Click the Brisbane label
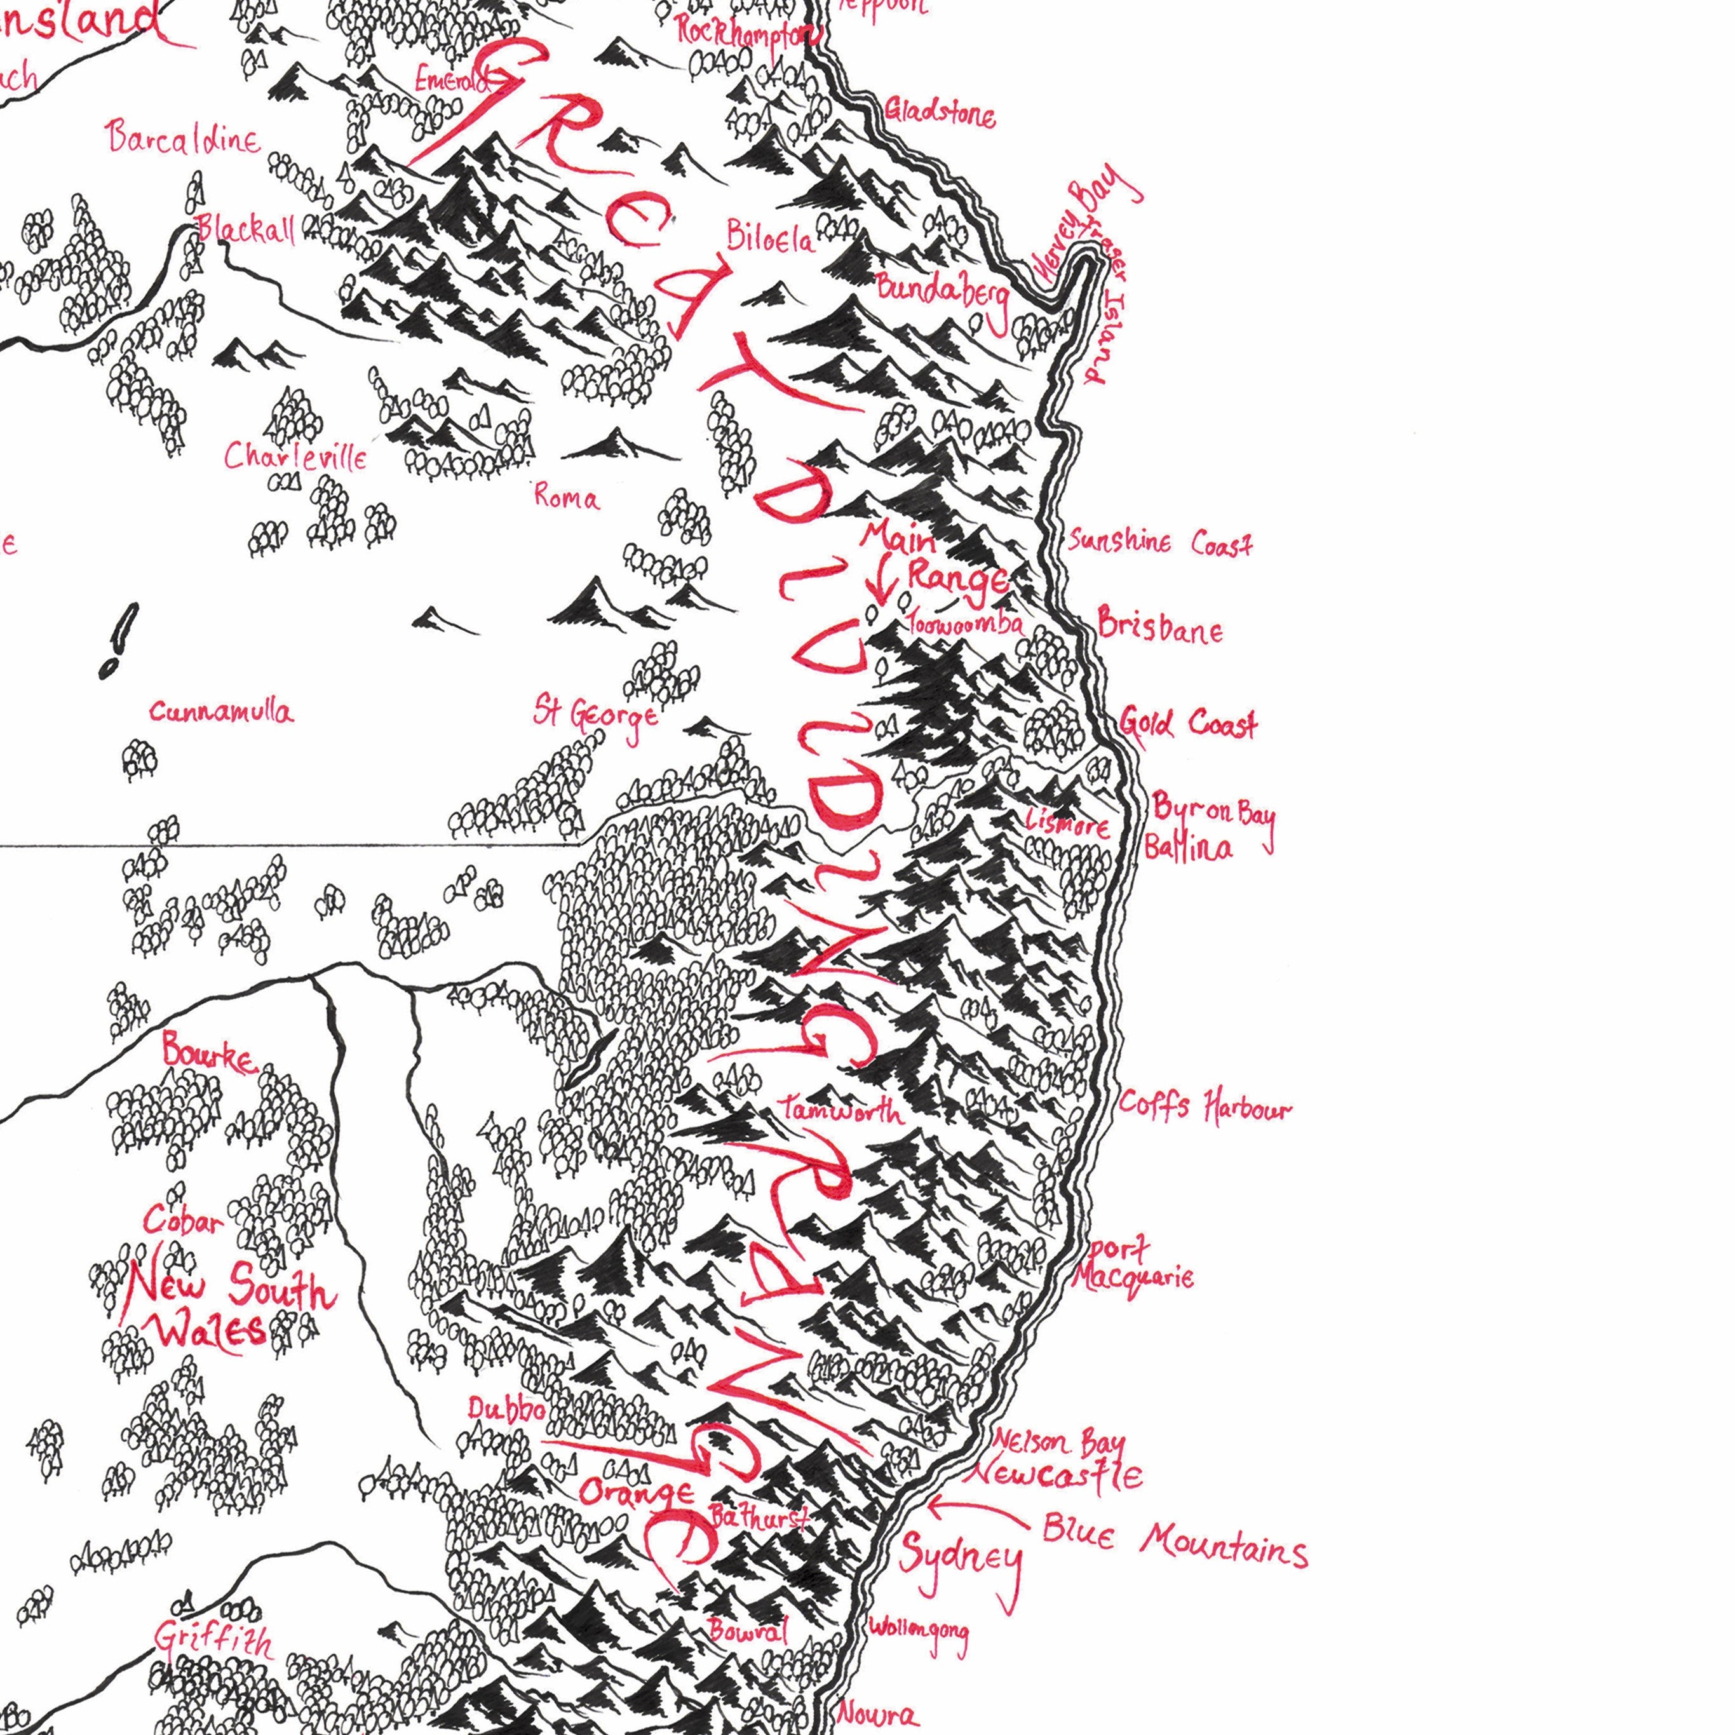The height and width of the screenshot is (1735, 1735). (1159, 626)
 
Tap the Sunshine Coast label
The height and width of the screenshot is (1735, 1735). (1159, 543)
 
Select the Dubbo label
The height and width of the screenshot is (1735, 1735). (506, 1409)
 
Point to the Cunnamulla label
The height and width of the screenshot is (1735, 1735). (221, 713)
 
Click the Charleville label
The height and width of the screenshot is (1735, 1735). (295, 457)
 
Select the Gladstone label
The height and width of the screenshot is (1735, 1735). (940, 113)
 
